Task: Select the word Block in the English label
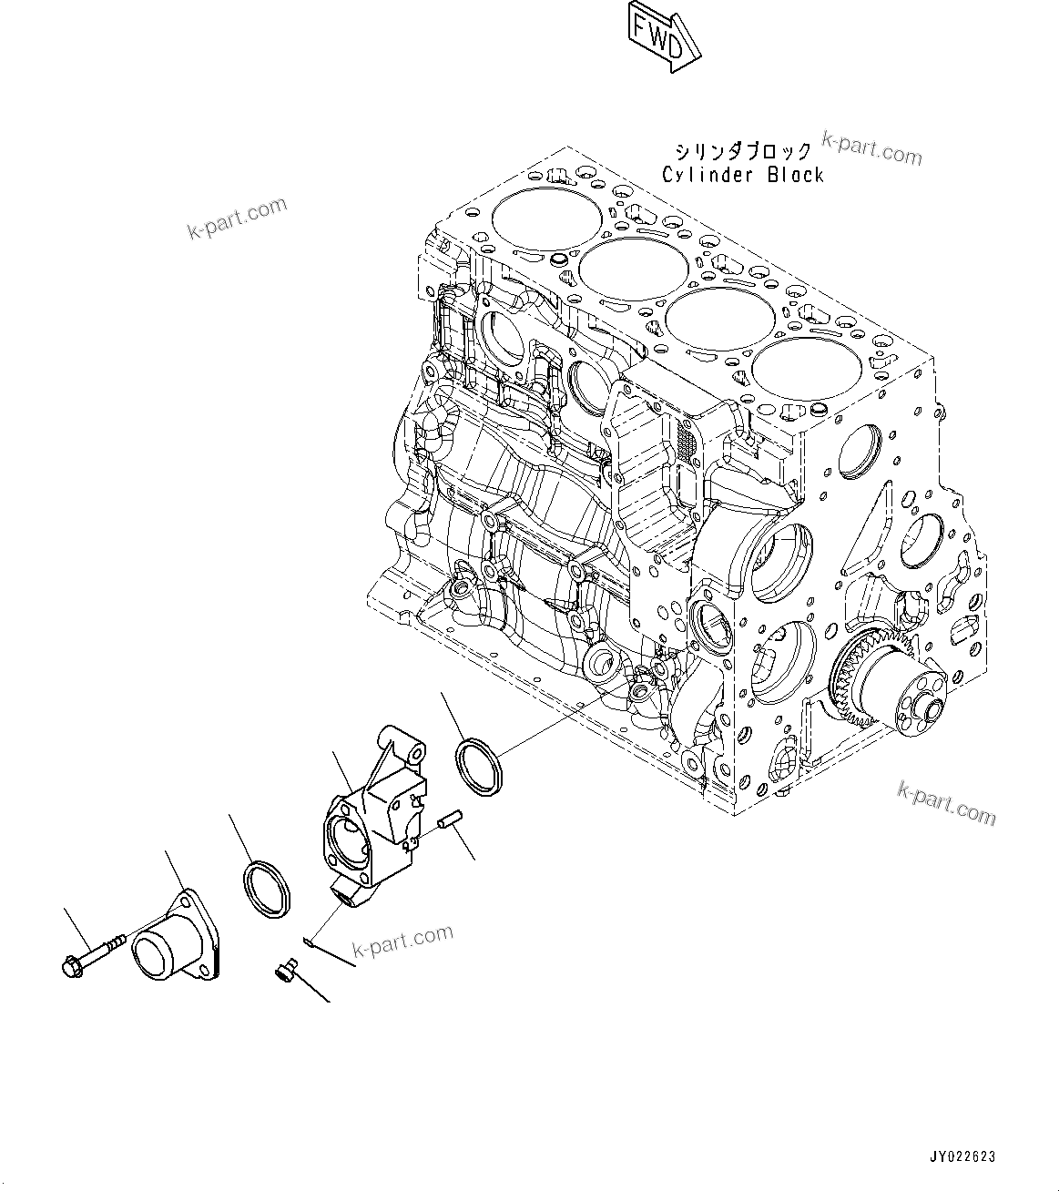click(x=795, y=175)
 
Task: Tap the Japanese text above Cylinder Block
click(x=741, y=151)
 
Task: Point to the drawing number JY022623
click(x=962, y=1157)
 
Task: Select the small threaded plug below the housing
click(x=284, y=973)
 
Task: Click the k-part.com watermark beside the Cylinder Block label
click(x=871, y=148)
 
